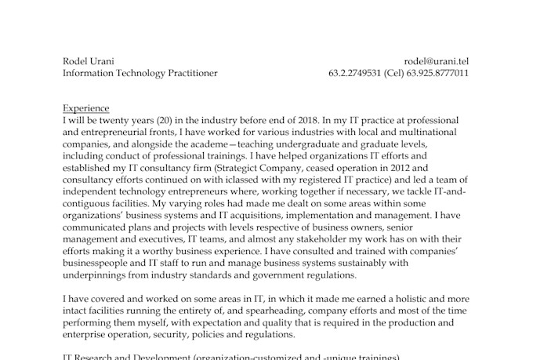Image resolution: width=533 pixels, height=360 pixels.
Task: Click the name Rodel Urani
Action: (x=88, y=61)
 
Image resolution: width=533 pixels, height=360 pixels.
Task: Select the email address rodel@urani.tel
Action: (x=437, y=61)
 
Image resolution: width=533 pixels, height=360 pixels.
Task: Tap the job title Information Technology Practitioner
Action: (x=140, y=74)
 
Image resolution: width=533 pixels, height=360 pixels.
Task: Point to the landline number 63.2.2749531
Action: (x=355, y=74)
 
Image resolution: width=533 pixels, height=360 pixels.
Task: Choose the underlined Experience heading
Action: (x=85, y=108)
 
